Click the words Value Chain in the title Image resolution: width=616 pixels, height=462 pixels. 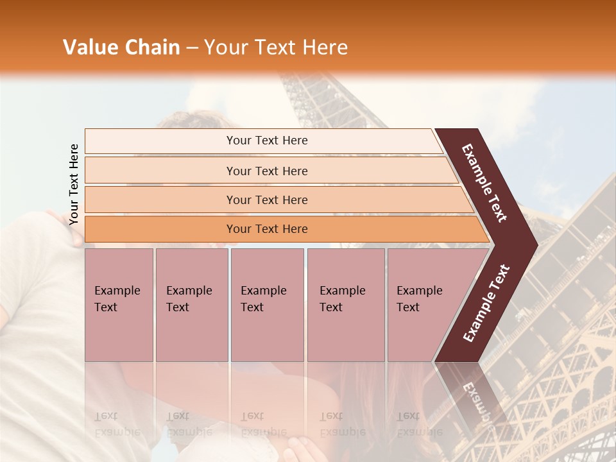[x=121, y=47]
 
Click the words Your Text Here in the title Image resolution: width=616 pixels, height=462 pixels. [x=276, y=47]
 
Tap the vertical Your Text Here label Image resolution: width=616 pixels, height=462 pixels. [x=74, y=184]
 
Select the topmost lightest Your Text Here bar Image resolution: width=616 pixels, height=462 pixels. [x=266, y=141]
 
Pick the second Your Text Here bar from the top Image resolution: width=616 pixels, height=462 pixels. [x=266, y=171]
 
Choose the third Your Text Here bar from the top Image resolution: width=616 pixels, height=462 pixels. [x=266, y=200]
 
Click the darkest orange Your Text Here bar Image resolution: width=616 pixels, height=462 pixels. [x=266, y=229]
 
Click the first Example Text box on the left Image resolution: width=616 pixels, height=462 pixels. [x=119, y=305]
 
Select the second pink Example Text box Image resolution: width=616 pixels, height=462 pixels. [x=191, y=305]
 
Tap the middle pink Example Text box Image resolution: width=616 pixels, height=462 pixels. [x=267, y=305]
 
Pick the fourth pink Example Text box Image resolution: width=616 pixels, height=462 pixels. [x=345, y=305]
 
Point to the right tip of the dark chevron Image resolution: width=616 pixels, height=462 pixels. [x=534, y=244]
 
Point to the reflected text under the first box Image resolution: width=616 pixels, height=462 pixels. [x=117, y=424]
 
